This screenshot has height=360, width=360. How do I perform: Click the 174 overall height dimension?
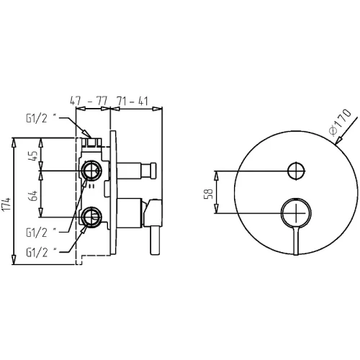6,204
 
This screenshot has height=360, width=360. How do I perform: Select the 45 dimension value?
35,156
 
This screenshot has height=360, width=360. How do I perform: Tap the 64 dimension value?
34,196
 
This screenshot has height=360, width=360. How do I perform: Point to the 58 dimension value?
208,194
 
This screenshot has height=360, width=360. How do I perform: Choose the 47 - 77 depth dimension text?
89,101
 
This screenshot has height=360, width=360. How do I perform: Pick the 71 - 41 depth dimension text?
132,101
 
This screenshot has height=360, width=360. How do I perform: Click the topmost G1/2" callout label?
41,118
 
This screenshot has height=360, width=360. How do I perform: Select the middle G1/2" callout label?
41,233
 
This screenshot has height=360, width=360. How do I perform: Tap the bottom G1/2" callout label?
41,253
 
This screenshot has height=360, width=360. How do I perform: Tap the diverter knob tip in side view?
153,171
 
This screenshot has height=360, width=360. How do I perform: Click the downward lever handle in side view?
155,240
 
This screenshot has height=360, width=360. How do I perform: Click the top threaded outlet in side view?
91,143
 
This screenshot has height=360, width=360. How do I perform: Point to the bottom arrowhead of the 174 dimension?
14,259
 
